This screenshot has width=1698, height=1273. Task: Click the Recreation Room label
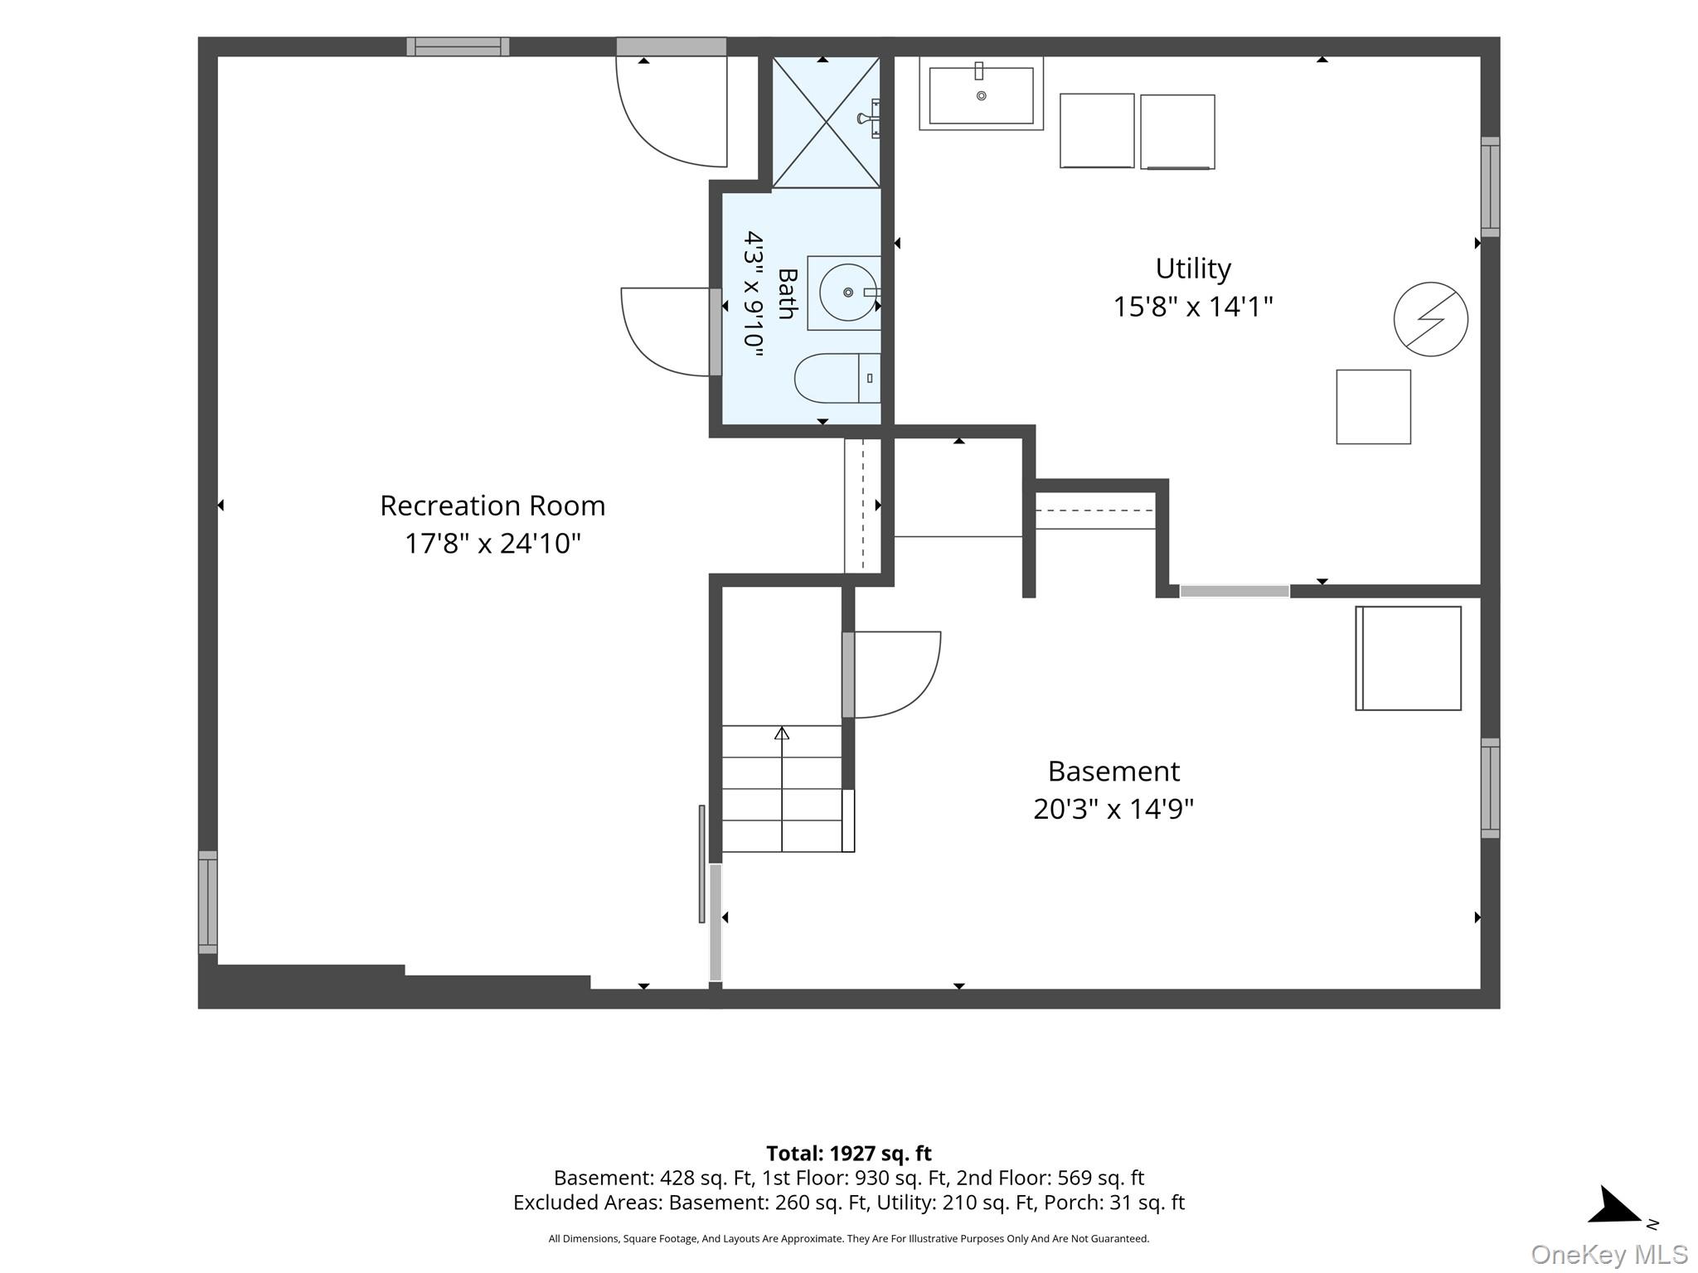(x=492, y=506)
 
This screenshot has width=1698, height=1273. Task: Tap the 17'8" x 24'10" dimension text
(x=492, y=544)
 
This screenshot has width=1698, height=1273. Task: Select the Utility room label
(x=1193, y=269)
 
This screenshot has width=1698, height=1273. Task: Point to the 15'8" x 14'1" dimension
(x=1193, y=307)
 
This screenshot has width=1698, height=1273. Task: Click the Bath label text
(x=787, y=293)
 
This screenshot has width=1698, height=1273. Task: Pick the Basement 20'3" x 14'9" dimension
(x=1113, y=809)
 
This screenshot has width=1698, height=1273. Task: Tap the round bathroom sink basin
(x=847, y=293)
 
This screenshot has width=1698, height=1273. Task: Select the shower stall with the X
(x=826, y=122)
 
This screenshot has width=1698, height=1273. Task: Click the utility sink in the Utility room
(x=981, y=93)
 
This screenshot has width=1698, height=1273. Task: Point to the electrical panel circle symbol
(x=1431, y=319)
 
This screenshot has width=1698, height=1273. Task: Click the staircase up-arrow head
(x=782, y=733)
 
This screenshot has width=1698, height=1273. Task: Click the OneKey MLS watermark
(x=1609, y=1255)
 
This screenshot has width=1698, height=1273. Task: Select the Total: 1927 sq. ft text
(x=849, y=1154)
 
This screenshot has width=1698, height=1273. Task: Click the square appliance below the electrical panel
(x=1373, y=407)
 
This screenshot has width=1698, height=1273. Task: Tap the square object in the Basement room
(x=1408, y=658)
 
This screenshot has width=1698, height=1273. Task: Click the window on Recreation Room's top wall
(x=458, y=46)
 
